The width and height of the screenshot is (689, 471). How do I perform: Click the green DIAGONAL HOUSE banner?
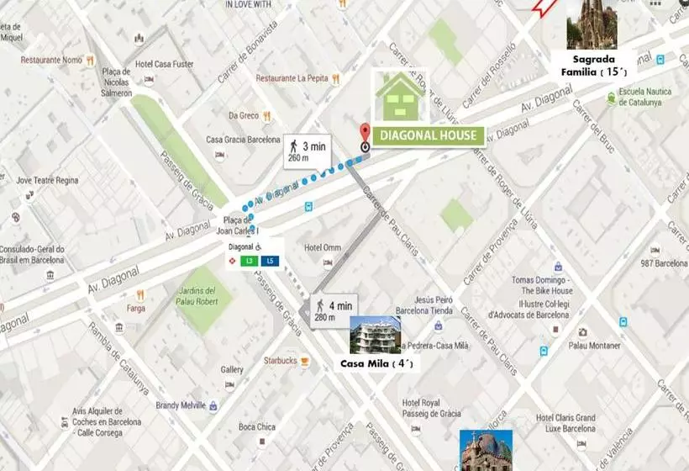tap(429, 135)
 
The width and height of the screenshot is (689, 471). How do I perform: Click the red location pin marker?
tap(365, 135)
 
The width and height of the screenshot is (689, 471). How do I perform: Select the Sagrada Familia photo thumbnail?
tap(592, 24)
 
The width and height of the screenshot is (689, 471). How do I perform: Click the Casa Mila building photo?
tap(375, 335)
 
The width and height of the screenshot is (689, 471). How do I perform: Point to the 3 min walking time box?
tap(308, 151)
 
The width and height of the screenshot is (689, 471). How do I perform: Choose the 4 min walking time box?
tap(334, 310)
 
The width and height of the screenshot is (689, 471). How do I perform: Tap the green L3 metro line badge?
tap(249, 261)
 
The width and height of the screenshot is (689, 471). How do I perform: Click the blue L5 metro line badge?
tap(270, 261)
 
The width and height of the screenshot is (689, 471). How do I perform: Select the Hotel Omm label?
tap(322, 247)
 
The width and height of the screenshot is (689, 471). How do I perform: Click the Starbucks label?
tap(280, 360)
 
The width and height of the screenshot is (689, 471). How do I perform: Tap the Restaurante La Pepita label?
tap(292, 78)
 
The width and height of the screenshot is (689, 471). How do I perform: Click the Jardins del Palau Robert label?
tap(198, 299)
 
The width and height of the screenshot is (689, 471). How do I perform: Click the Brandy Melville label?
tap(181, 405)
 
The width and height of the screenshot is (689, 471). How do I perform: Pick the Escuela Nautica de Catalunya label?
tap(640, 98)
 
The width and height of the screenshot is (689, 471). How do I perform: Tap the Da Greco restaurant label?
tap(244, 115)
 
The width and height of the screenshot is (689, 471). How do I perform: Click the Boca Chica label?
tap(256, 427)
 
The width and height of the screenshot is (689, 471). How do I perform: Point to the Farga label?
tap(136, 309)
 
